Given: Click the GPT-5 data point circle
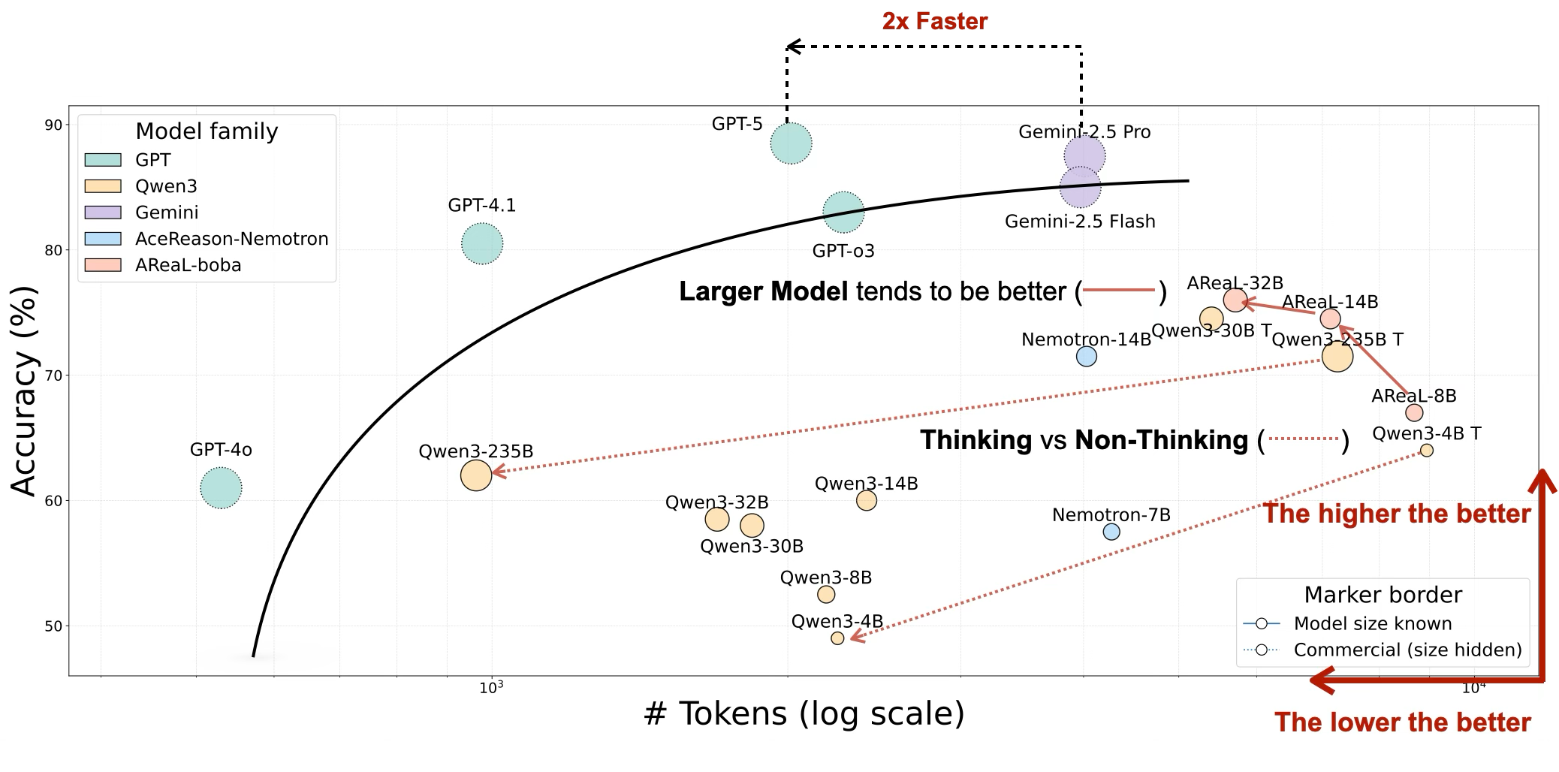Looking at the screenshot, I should (x=791, y=143).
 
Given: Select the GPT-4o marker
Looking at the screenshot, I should (x=221, y=488).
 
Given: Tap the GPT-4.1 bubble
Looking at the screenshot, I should (x=481, y=243).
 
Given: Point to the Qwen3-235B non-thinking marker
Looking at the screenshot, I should (x=475, y=475).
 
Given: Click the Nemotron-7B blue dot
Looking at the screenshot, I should (x=1111, y=532).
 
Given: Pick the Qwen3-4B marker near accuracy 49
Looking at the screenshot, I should (x=837, y=638).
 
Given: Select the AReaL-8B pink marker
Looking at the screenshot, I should (x=1414, y=413).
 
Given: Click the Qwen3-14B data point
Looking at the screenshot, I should (x=866, y=500).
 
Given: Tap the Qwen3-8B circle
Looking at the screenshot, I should (x=826, y=595).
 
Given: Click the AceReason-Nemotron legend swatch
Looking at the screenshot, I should (x=103, y=239).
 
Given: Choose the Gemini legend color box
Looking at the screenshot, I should (x=103, y=213).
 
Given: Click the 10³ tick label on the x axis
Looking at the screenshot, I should (x=491, y=687).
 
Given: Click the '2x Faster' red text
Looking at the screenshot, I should (x=934, y=21).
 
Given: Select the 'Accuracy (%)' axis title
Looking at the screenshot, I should (x=24, y=391).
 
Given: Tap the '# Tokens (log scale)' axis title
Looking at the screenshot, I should (x=804, y=713).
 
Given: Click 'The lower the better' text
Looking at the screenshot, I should (x=1402, y=722).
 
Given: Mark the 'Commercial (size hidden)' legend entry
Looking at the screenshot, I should (x=1407, y=650).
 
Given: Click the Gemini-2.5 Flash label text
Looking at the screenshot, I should (x=1079, y=222).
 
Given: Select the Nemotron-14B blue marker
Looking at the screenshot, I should (x=1086, y=357).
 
